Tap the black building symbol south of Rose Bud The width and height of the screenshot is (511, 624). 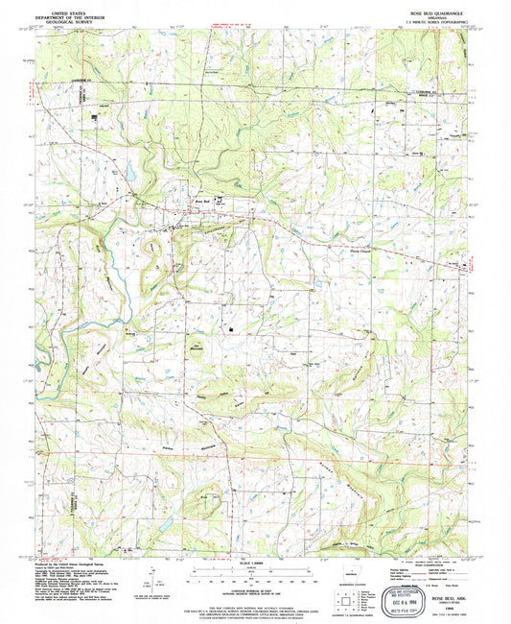click(231, 330)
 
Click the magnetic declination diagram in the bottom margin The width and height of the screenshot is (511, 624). click(150, 580)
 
